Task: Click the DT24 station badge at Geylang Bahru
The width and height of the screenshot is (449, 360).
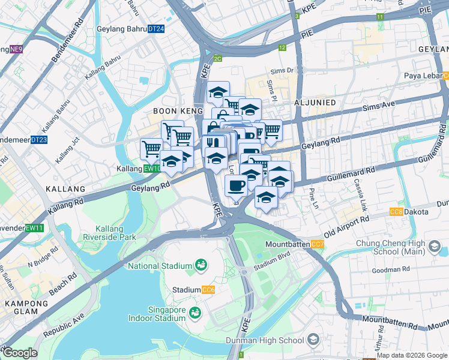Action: pyautogui.click(x=156, y=29)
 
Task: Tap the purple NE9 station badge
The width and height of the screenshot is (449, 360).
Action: pyautogui.click(x=16, y=50)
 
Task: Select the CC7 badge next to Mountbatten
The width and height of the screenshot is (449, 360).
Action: pyautogui.click(x=318, y=244)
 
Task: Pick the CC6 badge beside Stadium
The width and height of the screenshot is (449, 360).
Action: pyautogui.click(x=209, y=290)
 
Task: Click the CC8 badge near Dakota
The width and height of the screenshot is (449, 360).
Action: pyautogui.click(x=396, y=212)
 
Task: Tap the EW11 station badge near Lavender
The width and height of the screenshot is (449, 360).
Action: pyautogui.click(x=34, y=228)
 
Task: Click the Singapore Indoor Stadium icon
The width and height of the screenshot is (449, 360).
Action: pyautogui.click(x=194, y=313)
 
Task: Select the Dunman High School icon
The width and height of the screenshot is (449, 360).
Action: pyautogui.click(x=313, y=340)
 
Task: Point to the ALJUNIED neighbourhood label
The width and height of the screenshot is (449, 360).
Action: pyautogui.click(x=315, y=103)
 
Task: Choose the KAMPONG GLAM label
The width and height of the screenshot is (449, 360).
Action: pyautogui.click(x=22, y=308)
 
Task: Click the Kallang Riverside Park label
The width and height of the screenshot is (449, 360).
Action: pyautogui.click(x=115, y=233)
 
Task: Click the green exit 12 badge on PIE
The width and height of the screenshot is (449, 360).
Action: pyautogui.click(x=282, y=47)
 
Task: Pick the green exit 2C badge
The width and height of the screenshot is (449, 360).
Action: pyautogui.click(x=217, y=58)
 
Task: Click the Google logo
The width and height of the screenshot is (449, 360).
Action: pyautogui.click(x=20, y=353)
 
